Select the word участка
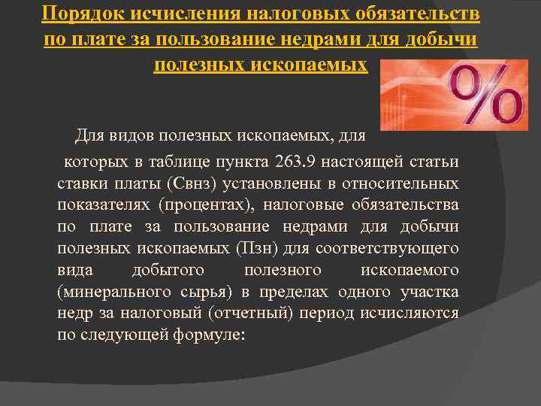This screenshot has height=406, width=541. coord(431,292)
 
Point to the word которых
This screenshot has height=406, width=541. coord(90,162)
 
